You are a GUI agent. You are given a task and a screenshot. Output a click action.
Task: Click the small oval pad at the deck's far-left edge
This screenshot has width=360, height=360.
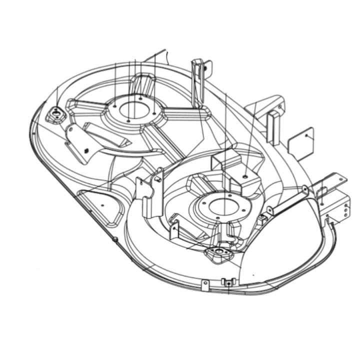(x=55, y=115)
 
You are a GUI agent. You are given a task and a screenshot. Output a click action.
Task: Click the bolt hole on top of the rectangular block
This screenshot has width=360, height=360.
(x=244, y=176)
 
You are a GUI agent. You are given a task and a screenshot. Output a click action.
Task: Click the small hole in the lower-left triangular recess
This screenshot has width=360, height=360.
(x=102, y=205)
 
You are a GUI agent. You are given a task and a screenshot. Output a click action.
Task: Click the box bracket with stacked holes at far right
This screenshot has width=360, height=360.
(x=336, y=206)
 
